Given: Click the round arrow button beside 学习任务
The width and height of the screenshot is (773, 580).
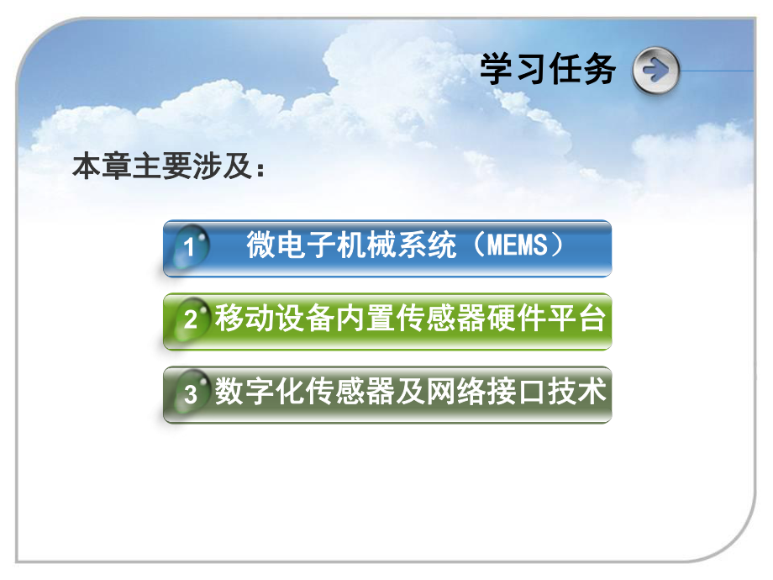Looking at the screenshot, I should [x=655, y=71].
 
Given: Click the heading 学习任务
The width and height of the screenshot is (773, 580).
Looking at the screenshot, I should [x=549, y=70].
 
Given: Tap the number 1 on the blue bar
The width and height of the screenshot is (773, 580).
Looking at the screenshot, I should [x=190, y=248].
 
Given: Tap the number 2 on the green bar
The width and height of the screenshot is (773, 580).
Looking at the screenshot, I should [x=191, y=320].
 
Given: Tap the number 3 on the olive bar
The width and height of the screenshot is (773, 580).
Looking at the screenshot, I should [x=191, y=394].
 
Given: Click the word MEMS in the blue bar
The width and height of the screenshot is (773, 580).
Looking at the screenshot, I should [x=513, y=245].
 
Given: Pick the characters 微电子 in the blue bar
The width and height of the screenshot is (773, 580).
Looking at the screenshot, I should [x=278, y=245].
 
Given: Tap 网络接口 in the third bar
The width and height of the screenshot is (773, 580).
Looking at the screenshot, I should [x=475, y=393].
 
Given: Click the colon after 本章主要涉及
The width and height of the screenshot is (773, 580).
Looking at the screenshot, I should [x=261, y=169].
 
